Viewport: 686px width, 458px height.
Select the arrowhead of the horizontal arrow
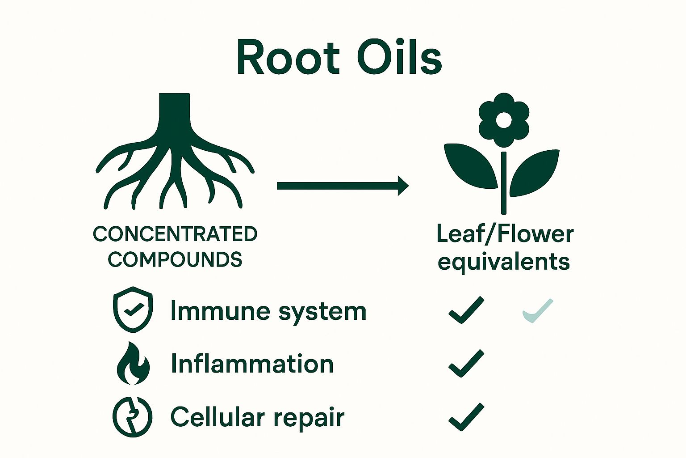(402, 186)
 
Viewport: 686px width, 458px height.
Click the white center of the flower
(504, 120)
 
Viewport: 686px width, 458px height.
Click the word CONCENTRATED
(175, 234)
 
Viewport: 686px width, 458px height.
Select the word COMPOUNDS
(175, 259)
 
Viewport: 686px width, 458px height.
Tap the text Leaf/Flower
(505, 234)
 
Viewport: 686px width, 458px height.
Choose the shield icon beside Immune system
(133, 309)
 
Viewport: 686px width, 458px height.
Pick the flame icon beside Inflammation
(133, 363)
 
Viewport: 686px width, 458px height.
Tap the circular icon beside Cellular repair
(132, 416)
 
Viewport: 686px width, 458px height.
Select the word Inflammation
(252, 364)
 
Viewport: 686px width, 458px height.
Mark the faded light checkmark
(538, 310)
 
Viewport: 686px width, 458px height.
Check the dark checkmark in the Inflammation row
(466, 363)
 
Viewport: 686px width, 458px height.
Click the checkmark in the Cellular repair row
(466, 416)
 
